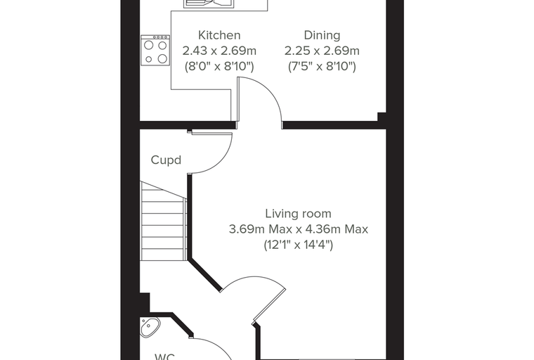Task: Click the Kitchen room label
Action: coord(219,35)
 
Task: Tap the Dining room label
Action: coord(322,35)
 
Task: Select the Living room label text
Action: coord(298,214)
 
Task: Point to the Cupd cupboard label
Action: coord(166,160)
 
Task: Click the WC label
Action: coord(165,356)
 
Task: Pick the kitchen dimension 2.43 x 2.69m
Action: coord(219,51)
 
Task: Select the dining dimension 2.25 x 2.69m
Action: coord(322,51)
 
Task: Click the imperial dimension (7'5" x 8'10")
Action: coord(322,66)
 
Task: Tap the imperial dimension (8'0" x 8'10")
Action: coord(219,66)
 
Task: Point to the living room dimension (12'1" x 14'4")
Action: coord(298,245)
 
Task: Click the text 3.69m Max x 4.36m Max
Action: coord(298,229)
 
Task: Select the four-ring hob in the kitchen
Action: coord(155,50)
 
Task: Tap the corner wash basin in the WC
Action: coord(150,327)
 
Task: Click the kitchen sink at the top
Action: coord(209,4)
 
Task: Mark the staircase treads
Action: coord(164,221)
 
